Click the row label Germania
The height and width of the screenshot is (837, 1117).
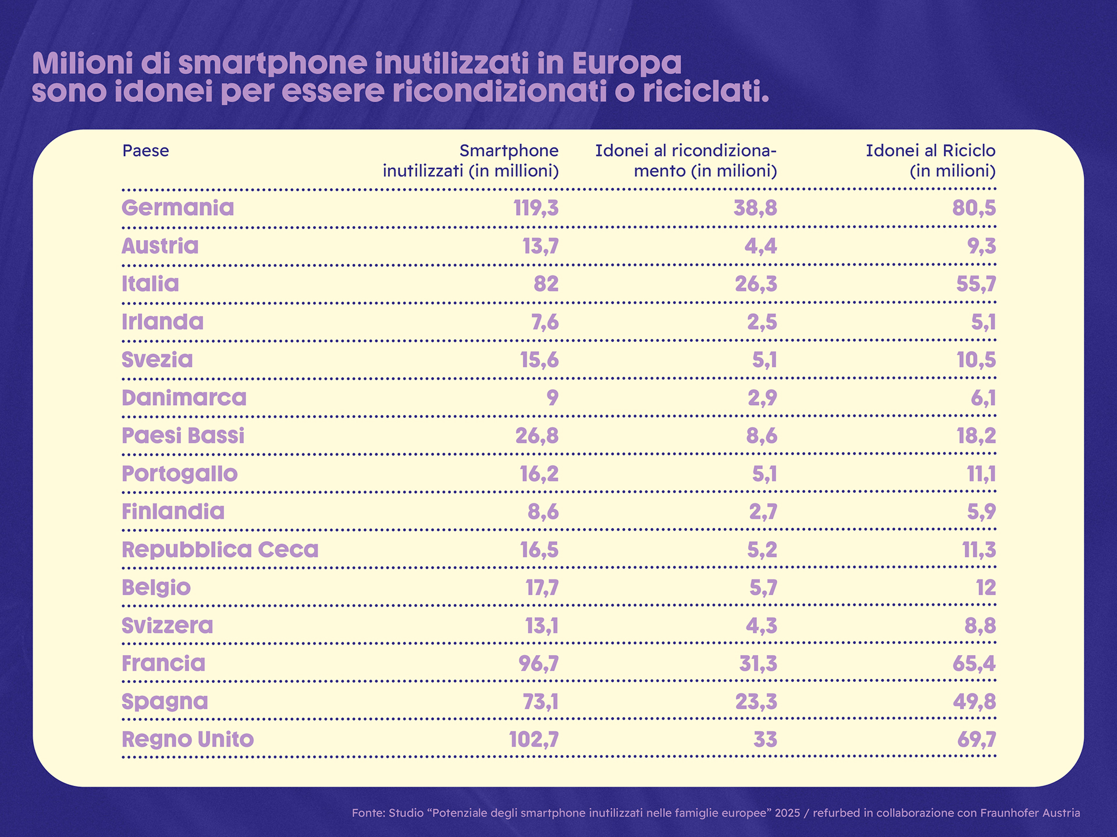coord(177,208)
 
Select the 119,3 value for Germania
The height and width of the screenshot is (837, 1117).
coord(535,208)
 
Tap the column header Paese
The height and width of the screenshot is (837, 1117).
coord(145,151)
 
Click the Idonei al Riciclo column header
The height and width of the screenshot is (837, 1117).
coord(930,160)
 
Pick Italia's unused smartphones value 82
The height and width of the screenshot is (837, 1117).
coord(546,284)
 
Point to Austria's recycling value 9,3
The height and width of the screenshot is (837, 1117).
coord(981,246)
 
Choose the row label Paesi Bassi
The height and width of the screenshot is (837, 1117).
coord(183,436)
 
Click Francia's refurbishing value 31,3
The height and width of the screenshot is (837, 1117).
coord(757,664)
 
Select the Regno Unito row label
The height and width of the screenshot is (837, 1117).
coord(187,740)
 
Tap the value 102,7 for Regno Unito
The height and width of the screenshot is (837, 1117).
coord(533,740)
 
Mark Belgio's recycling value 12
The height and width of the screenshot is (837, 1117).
coord(986,588)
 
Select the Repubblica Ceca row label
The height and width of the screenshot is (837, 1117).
coord(220,550)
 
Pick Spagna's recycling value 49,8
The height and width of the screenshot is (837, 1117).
coord(974,702)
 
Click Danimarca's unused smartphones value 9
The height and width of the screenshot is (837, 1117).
coord(552,398)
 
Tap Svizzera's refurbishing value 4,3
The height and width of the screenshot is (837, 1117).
coord(761,626)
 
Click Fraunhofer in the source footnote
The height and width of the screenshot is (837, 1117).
coord(1007,813)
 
